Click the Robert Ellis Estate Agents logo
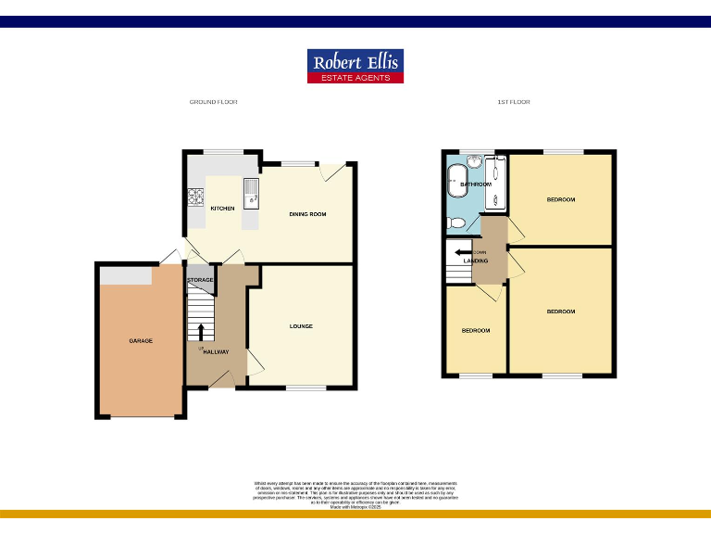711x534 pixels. click(x=355, y=66)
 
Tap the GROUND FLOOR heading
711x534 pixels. click(x=213, y=102)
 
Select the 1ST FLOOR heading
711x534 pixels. click(x=514, y=102)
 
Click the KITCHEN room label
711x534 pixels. click(x=222, y=209)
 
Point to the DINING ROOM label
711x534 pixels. click(x=307, y=215)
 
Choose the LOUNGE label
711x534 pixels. click(x=301, y=326)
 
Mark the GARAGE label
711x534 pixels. click(x=141, y=341)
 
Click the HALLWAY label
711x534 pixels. click(x=217, y=351)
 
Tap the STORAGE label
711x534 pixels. click(x=201, y=280)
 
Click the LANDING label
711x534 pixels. click(x=476, y=261)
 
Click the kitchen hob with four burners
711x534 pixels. click(x=196, y=197)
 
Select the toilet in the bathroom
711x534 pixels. click(x=455, y=223)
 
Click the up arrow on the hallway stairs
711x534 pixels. click(x=201, y=330)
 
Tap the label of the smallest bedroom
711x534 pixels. click(x=476, y=331)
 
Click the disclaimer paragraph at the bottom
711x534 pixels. click(x=355, y=491)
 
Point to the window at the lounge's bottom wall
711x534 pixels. click(x=306, y=388)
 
